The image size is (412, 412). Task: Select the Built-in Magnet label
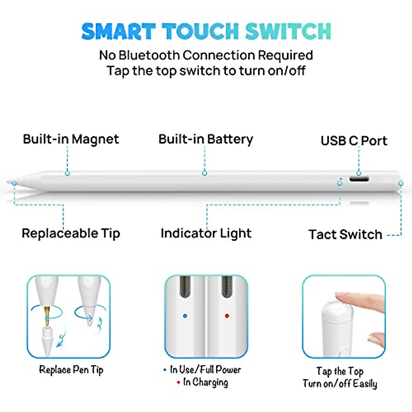coord(71,139)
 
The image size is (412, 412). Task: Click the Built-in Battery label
coord(206,139)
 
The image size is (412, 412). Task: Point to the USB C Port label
coord(354,141)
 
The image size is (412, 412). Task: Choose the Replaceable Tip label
coord(71,233)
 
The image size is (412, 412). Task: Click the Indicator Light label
coord(206,233)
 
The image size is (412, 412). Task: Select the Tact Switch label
coord(345,234)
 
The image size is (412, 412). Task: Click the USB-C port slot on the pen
coord(359,179)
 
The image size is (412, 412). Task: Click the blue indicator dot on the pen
coord(185,316)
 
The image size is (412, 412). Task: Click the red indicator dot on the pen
coord(227,316)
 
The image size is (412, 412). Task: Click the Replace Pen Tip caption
coord(71,370)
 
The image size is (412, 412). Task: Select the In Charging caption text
coord(205,382)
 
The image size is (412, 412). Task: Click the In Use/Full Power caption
coord(205,369)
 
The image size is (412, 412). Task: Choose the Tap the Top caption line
coord(340,371)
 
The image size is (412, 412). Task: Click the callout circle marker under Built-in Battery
coord(205,173)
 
